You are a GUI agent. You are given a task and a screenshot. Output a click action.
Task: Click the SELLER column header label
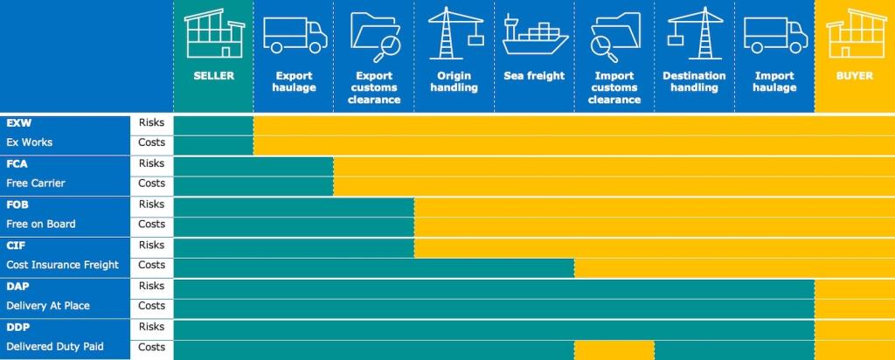click(214, 76)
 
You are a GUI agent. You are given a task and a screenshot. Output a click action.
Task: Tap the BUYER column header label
click(854, 76)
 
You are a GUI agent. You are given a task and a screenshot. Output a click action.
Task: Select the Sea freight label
click(534, 76)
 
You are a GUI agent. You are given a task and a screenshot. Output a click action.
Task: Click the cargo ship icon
click(535, 38)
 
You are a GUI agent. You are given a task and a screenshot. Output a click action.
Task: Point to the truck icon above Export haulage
click(295, 36)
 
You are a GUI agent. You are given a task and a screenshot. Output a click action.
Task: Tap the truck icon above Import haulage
click(774, 36)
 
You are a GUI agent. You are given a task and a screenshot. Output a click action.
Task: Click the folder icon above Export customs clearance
click(375, 36)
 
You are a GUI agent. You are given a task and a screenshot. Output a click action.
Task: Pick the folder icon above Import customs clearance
click(614, 36)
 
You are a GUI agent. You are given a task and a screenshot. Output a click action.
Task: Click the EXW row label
click(19, 123)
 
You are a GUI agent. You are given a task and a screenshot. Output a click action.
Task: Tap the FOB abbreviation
click(19, 204)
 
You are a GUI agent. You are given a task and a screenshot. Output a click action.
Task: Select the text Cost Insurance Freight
click(62, 265)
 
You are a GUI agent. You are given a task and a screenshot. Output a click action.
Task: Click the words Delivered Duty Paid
click(55, 347)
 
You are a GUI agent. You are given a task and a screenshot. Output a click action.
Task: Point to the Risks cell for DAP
click(151, 286)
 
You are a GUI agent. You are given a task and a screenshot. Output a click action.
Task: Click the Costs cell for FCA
click(151, 183)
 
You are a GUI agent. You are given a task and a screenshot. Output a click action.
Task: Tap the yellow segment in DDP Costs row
click(614, 349)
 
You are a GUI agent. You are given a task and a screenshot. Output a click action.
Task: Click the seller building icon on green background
click(214, 34)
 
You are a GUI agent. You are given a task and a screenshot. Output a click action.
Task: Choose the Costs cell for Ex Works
click(151, 142)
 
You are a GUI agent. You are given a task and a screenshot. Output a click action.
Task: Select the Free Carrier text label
click(36, 183)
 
